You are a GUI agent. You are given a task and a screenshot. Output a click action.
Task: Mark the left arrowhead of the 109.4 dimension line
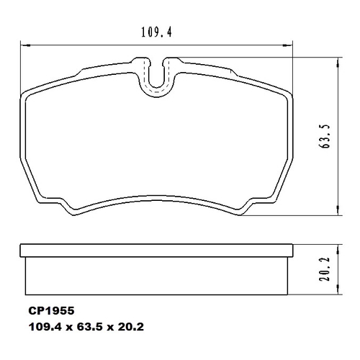tap(19, 45)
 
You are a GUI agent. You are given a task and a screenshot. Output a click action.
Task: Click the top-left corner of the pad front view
tap(24, 94)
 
